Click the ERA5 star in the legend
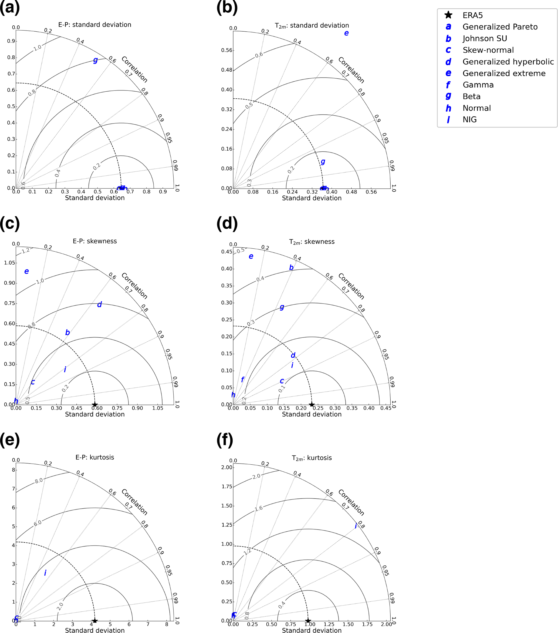point(448,15)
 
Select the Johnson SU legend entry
point(485,38)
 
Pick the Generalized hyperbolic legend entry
point(508,62)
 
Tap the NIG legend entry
point(469,119)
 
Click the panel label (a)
point(10,7)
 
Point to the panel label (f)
point(225,440)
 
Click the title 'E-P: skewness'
point(95,241)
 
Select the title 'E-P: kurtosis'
point(95,457)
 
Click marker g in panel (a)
point(96,60)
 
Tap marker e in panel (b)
point(346,33)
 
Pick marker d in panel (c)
point(99,304)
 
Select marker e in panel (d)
point(251,256)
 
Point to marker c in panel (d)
point(282,381)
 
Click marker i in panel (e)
point(45,573)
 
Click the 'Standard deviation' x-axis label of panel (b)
point(312,198)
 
